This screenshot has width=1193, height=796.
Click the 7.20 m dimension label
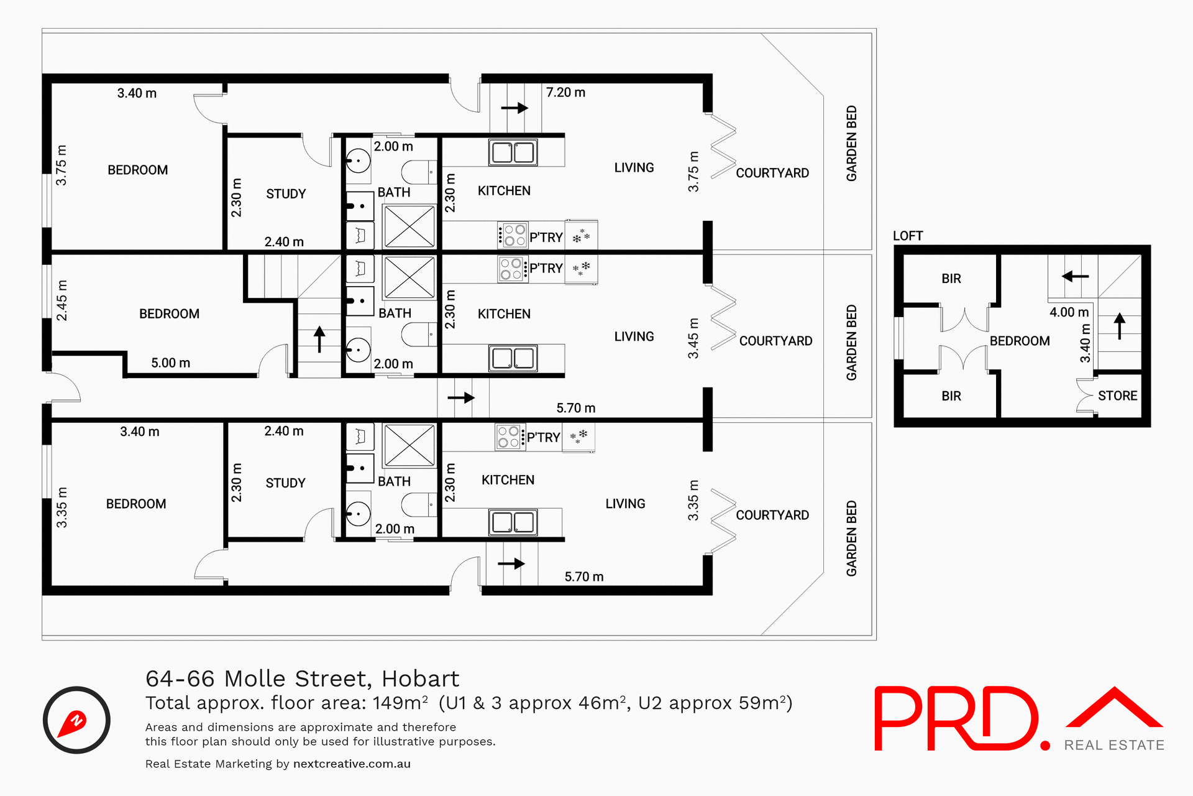coord(565,93)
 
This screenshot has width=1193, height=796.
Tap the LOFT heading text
coord(908,236)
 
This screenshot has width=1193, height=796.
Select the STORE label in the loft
coord(1117,396)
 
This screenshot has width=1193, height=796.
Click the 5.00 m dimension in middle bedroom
coord(170,363)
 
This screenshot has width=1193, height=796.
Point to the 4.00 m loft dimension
coord(1069,313)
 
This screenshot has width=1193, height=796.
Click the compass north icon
coord(76,720)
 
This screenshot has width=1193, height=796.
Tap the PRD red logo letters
coord(957,719)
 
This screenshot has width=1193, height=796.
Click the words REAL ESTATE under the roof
coord(1114,746)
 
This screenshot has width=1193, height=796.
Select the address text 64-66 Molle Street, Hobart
coord(302,678)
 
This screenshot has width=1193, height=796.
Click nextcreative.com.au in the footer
coord(352,764)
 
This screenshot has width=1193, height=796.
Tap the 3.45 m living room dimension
coord(693,338)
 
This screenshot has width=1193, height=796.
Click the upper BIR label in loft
coord(951,279)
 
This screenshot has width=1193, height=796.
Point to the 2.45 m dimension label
coord(62,300)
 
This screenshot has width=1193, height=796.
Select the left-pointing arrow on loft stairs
coord(1075,276)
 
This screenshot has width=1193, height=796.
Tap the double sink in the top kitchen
coord(513,152)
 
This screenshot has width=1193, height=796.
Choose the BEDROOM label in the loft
coord(1020,341)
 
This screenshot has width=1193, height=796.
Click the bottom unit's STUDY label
coord(285,483)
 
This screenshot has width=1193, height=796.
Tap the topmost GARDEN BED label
coord(851,144)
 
